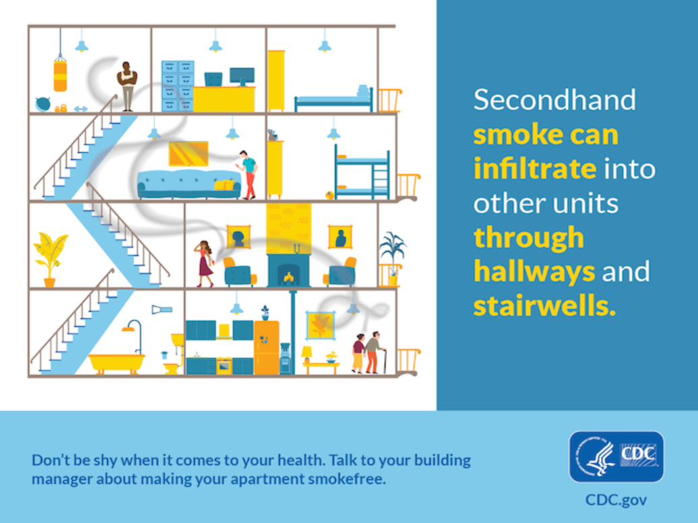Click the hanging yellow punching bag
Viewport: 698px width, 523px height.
(x=60, y=75)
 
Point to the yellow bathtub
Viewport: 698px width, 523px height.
(x=117, y=363)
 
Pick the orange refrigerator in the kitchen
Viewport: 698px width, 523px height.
(x=267, y=347)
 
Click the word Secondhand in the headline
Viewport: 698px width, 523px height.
(x=554, y=100)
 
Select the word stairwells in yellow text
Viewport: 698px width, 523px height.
(x=544, y=306)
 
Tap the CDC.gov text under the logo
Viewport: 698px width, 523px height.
(x=616, y=500)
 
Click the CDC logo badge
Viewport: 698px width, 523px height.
(x=616, y=457)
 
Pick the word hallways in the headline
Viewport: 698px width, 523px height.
(x=534, y=272)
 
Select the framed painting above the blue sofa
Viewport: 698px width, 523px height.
(x=188, y=154)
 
